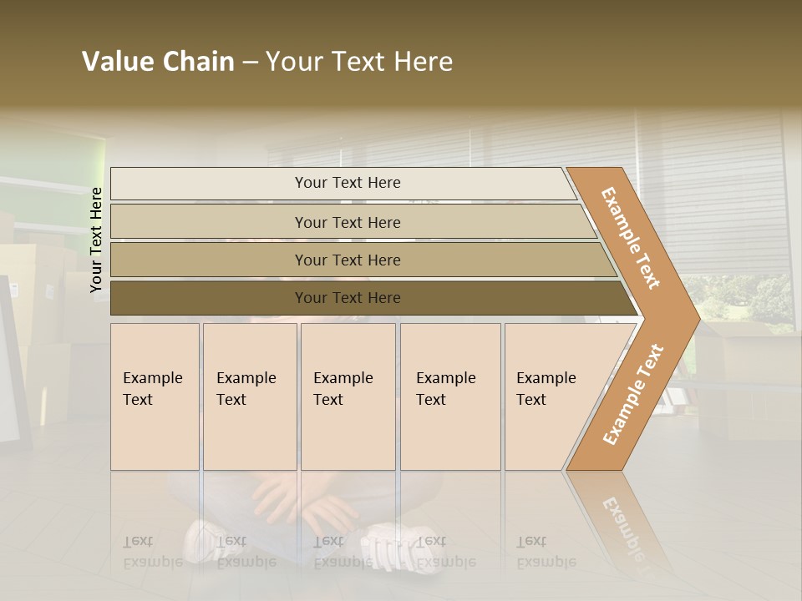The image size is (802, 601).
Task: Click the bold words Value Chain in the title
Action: coord(158,62)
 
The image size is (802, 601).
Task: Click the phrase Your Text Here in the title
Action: coord(359,62)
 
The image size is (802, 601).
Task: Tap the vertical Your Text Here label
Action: coord(96,240)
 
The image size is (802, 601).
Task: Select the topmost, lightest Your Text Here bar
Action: coord(347,183)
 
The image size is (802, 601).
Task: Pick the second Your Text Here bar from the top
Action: coord(347,222)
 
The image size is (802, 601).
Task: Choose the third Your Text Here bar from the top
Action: coord(347,260)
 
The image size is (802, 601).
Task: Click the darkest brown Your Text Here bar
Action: coord(347,298)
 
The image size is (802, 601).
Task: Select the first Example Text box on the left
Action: coord(155,396)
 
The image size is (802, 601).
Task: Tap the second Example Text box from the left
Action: coord(249,396)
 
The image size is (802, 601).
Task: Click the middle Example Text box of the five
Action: coord(348,396)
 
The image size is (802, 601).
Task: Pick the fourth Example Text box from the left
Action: coord(449,396)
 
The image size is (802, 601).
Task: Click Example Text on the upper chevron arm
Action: coord(631,238)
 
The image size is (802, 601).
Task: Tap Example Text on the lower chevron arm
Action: coord(633,394)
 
